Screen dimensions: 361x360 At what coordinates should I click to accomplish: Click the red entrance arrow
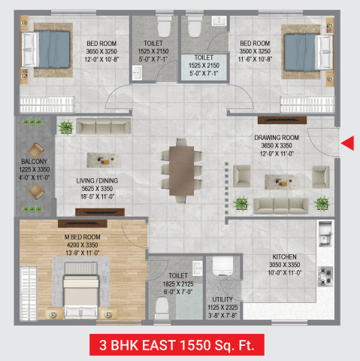[347, 143]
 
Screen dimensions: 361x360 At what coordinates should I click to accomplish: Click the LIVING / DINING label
[97, 180]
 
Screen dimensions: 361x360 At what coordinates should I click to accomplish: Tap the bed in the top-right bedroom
[306, 48]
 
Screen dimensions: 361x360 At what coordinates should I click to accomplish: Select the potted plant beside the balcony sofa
[65, 128]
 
